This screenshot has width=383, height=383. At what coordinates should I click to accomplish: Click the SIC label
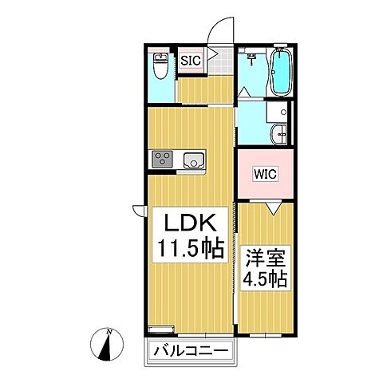point(190,60)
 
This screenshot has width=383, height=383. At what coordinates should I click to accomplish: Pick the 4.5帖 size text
point(265,282)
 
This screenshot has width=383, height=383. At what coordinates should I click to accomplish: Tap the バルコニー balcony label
point(189,350)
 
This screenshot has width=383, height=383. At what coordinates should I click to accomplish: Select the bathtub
point(281,72)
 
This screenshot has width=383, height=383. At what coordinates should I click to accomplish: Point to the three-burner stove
point(162,159)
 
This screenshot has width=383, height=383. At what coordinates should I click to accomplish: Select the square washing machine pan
point(277,113)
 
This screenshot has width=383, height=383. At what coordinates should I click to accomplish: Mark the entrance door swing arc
point(215,32)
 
